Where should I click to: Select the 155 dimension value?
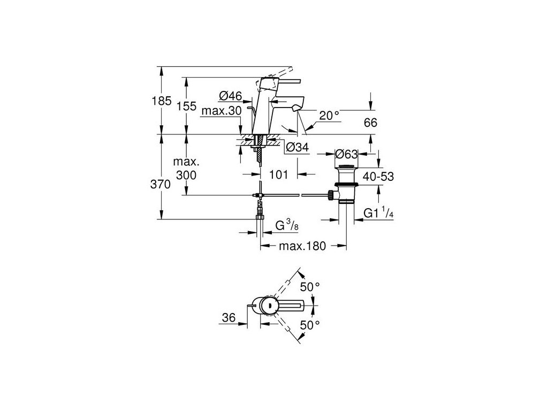186,106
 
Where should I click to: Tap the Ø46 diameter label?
231,96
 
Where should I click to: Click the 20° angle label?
329,115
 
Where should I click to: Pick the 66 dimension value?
370,123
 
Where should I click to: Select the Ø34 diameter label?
297,148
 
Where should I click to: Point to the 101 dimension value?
279,174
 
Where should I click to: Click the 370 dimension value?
161,185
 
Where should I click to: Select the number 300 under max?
186,176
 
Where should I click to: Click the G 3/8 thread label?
287,225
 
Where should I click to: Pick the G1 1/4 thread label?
378,213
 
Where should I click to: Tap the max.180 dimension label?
302,246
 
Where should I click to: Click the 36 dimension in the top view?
229,317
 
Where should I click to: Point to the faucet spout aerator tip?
295,109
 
